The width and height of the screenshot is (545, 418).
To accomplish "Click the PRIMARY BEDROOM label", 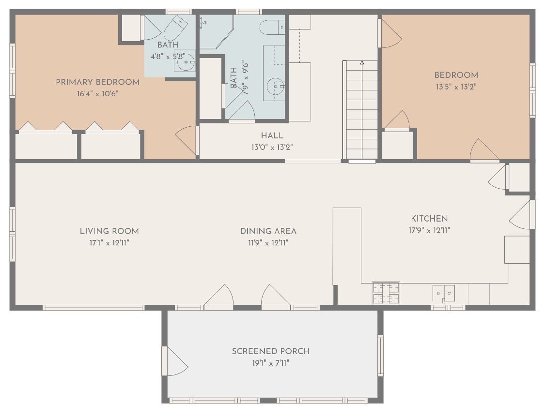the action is (x=98, y=82).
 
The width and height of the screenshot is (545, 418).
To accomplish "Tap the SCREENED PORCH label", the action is (x=271, y=351).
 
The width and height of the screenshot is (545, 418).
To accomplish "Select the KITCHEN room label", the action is (x=429, y=219).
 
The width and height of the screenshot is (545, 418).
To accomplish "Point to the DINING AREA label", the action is (x=268, y=231).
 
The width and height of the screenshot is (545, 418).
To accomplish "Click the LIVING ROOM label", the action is (x=109, y=231).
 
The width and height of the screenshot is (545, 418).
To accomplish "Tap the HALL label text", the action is (x=272, y=136).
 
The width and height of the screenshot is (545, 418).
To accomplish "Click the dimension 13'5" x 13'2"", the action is (x=456, y=87).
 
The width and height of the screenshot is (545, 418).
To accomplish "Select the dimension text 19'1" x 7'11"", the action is (x=271, y=363).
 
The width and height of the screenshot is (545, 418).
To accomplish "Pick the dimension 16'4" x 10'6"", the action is (x=98, y=94).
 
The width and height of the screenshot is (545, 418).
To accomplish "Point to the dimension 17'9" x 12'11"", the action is (x=429, y=230).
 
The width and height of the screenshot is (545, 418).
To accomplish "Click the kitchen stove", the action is (x=386, y=293).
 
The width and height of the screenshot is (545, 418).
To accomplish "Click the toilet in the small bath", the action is (x=175, y=28).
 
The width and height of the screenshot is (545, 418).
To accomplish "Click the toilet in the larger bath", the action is (x=272, y=28).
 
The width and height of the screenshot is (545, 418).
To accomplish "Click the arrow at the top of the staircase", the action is (x=362, y=63).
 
